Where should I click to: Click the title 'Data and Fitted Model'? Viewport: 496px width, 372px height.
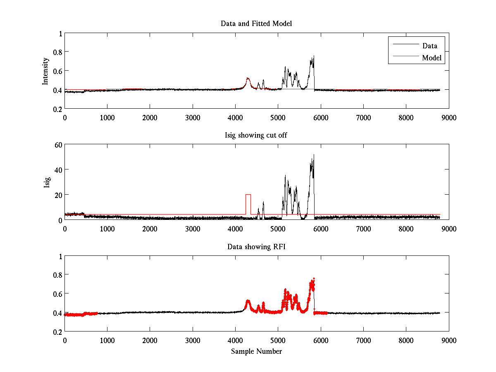[x=256, y=24]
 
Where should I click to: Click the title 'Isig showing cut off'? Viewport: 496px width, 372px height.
[x=256, y=135]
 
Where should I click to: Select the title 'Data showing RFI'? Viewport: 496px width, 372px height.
[x=256, y=247]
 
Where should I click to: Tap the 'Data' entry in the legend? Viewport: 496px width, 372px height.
[x=429, y=46]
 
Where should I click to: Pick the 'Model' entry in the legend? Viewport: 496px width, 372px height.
[x=432, y=58]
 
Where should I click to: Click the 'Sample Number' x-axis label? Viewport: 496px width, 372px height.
[x=256, y=351]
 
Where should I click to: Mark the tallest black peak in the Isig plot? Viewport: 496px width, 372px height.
[x=314, y=155]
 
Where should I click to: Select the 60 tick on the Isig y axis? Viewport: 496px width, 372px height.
[x=57, y=145]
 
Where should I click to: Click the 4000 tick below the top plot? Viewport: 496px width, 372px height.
[x=235, y=117]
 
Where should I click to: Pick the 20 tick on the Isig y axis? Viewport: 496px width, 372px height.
[x=57, y=195]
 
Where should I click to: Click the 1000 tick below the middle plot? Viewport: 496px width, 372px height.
[x=107, y=229]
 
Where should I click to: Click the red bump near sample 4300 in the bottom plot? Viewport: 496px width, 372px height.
[x=248, y=302]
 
